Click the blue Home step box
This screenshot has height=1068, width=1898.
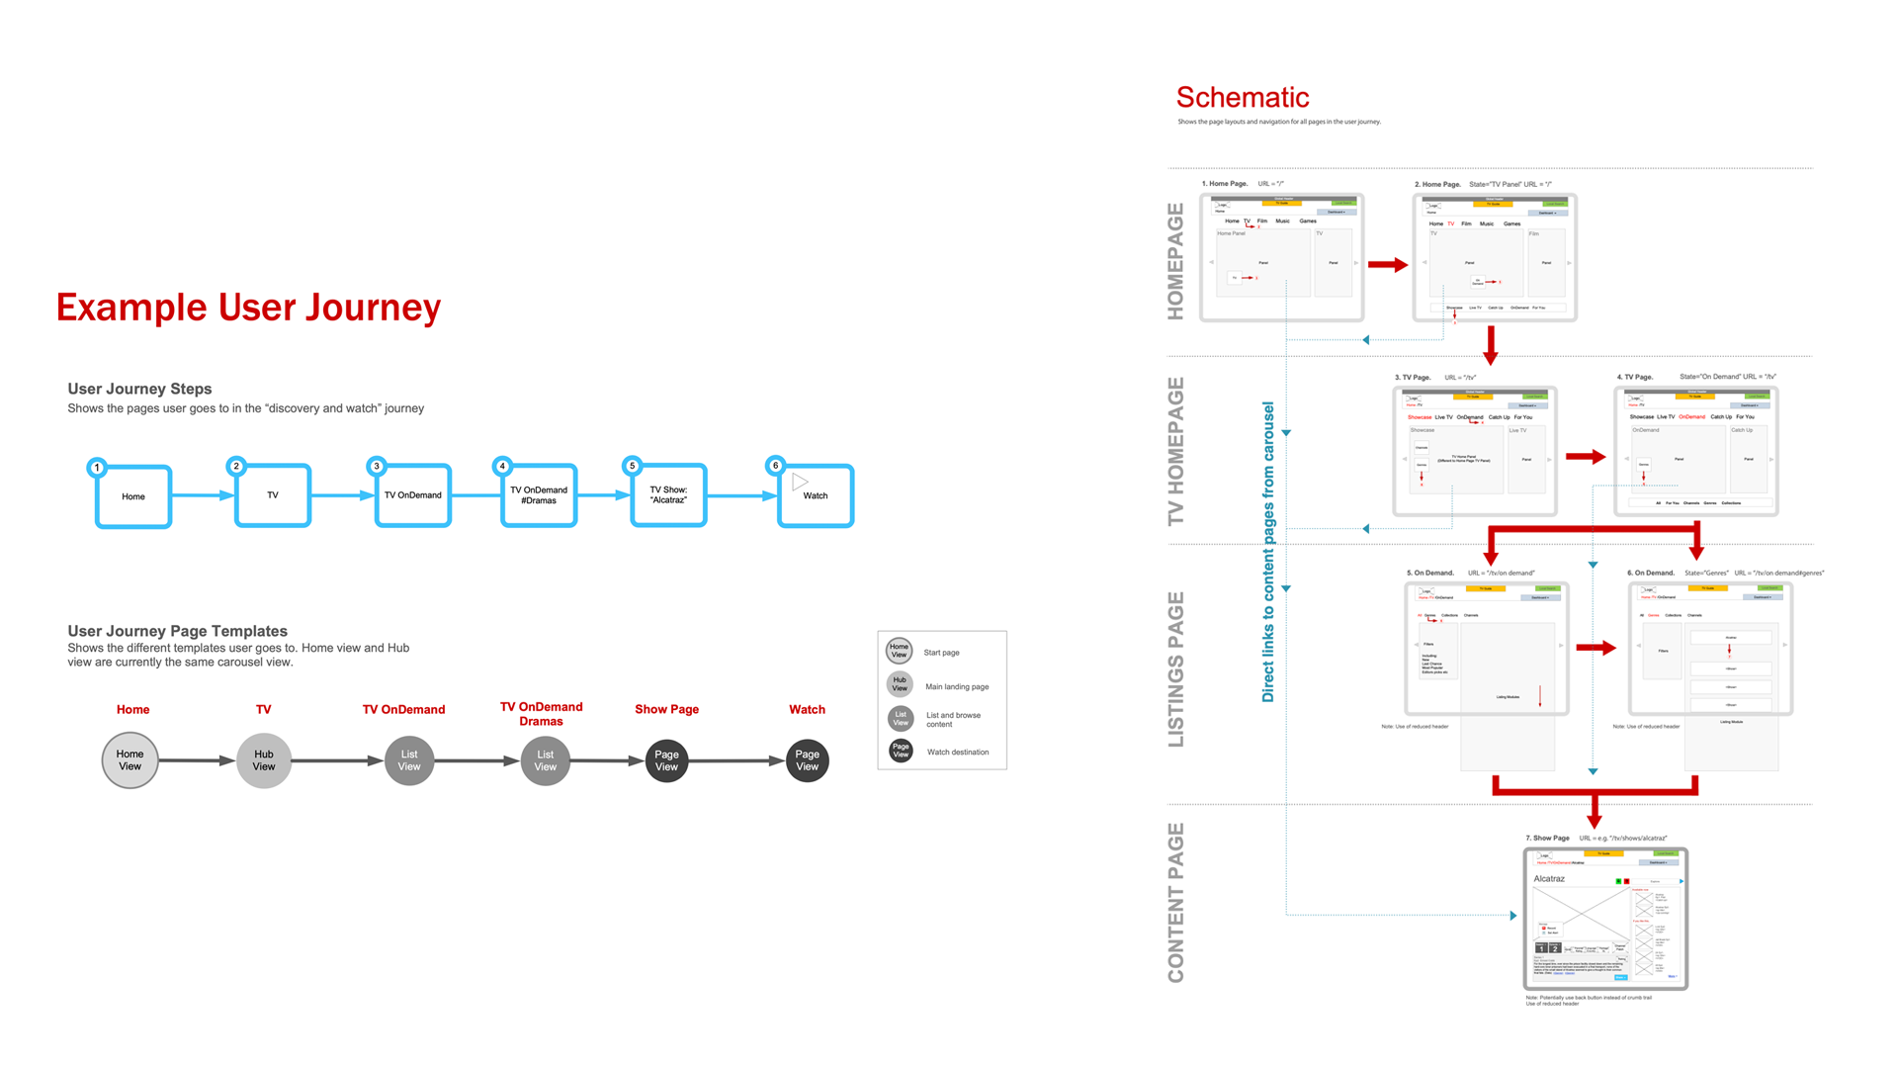click(x=133, y=496)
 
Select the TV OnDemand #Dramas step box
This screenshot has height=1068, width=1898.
click(x=539, y=495)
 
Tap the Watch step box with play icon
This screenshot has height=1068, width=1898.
click(x=816, y=495)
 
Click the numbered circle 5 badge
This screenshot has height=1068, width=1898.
click(x=633, y=466)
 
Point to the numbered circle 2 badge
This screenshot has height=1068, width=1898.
click(x=236, y=466)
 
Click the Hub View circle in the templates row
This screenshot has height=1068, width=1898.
click(x=264, y=760)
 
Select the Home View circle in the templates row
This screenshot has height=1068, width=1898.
click(x=130, y=760)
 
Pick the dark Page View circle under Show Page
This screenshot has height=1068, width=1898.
click(x=667, y=760)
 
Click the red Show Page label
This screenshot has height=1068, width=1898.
click(x=666, y=709)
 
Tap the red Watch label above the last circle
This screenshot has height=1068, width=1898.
click(x=807, y=709)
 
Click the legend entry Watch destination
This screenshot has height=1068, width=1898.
click(x=957, y=753)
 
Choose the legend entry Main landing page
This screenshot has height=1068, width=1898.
click(x=956, y=686)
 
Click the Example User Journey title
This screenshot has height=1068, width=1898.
click(x=248, y=308)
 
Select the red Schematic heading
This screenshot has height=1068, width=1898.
click(x=1242, y=97)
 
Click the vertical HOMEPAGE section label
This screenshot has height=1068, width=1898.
click(x=1175, y=261)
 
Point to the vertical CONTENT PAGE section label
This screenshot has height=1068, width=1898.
click(x=1175, y=903)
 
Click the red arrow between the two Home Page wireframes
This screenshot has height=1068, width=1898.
click(x=1388, y=265)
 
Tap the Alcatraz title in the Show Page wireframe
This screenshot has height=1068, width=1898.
click(x=1549, y=879)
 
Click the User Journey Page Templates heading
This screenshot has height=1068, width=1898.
click(x=177, y=631)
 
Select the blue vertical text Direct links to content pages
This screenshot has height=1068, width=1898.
click(x=1268, y=552)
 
